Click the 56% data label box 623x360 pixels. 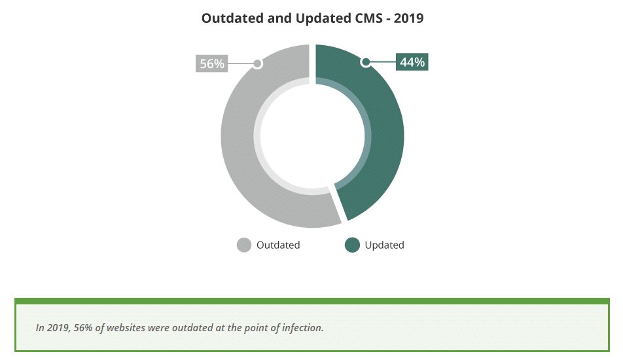212,63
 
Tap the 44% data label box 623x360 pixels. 412,62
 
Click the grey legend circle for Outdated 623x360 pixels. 244,245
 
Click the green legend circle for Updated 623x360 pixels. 352,245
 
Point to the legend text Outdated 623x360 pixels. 278,245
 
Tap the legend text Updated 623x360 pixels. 384,245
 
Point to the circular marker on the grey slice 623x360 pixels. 257,63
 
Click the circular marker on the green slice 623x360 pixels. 366,62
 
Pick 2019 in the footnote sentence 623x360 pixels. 58,327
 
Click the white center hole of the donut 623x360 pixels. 312,136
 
